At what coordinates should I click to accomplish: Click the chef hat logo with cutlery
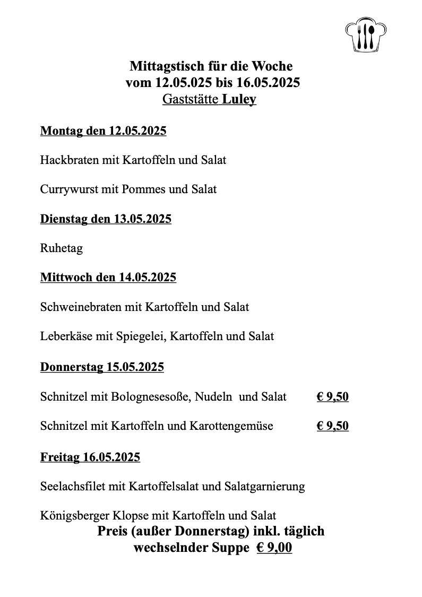(366, 36)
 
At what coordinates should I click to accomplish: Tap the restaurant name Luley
(239, 99)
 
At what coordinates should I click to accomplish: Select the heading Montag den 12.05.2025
(103, 131)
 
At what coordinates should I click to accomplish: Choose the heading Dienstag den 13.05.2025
(106, 219)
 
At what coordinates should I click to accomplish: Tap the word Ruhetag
(61, 248)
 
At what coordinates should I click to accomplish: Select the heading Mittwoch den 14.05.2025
(108, 278)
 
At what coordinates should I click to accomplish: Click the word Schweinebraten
(81, 307)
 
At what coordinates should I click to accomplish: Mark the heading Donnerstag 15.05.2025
(102, 367)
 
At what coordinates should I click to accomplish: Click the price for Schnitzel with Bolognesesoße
(332, 396)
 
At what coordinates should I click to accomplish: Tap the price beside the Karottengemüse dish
(332, 426)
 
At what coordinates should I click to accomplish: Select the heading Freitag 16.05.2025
(90, 457)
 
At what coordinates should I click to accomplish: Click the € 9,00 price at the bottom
(274, 548)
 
